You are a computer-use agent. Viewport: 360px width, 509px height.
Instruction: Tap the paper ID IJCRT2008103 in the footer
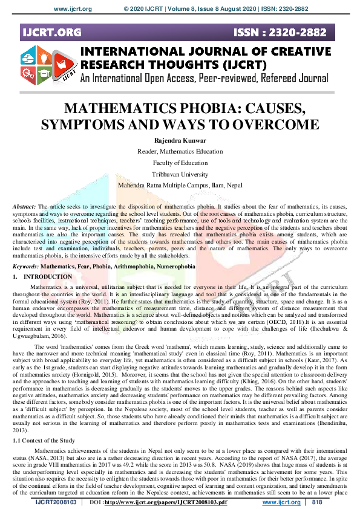56,502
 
